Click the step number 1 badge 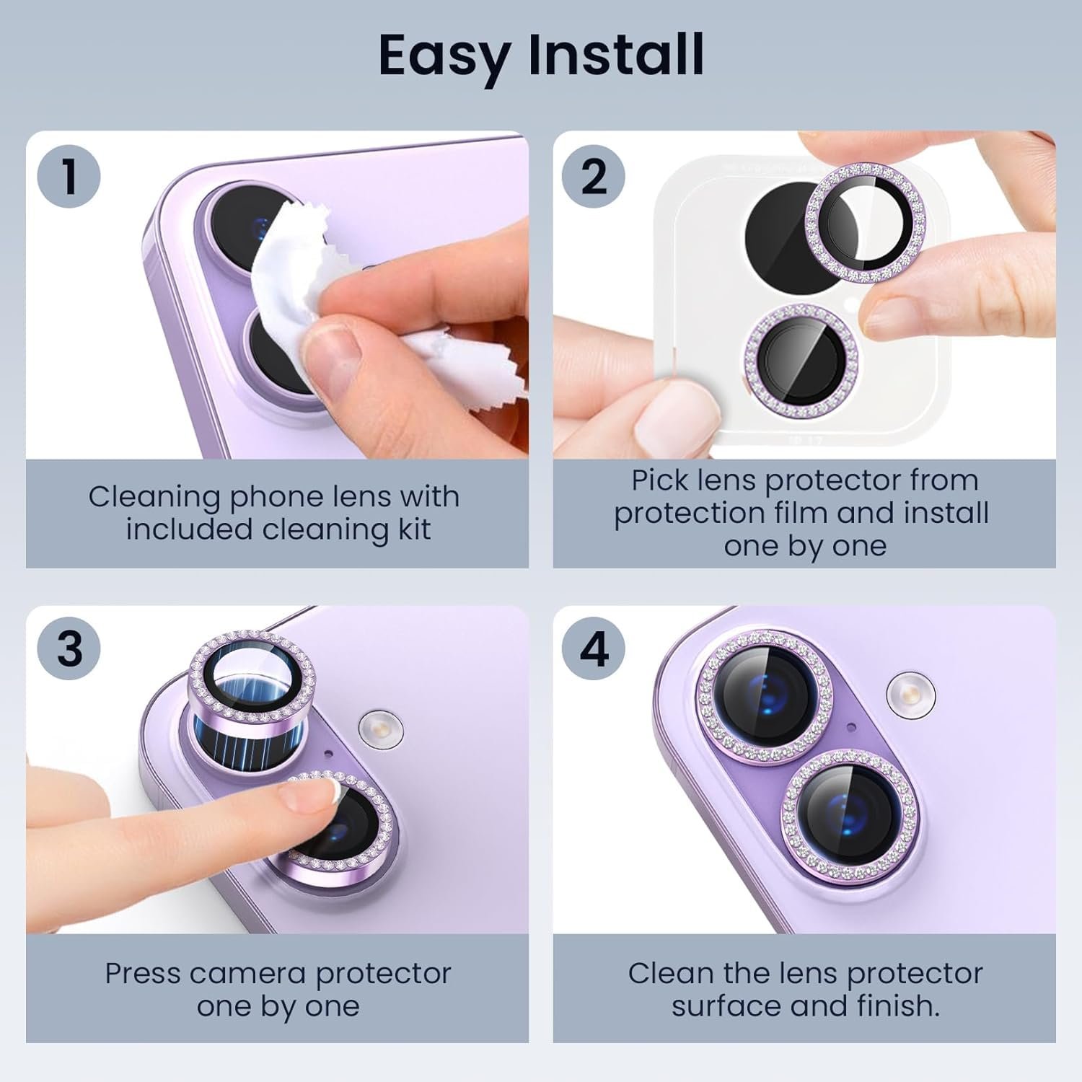tap(69, 177)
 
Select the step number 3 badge tap(69, 649)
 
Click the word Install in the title tap(616, 54)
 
